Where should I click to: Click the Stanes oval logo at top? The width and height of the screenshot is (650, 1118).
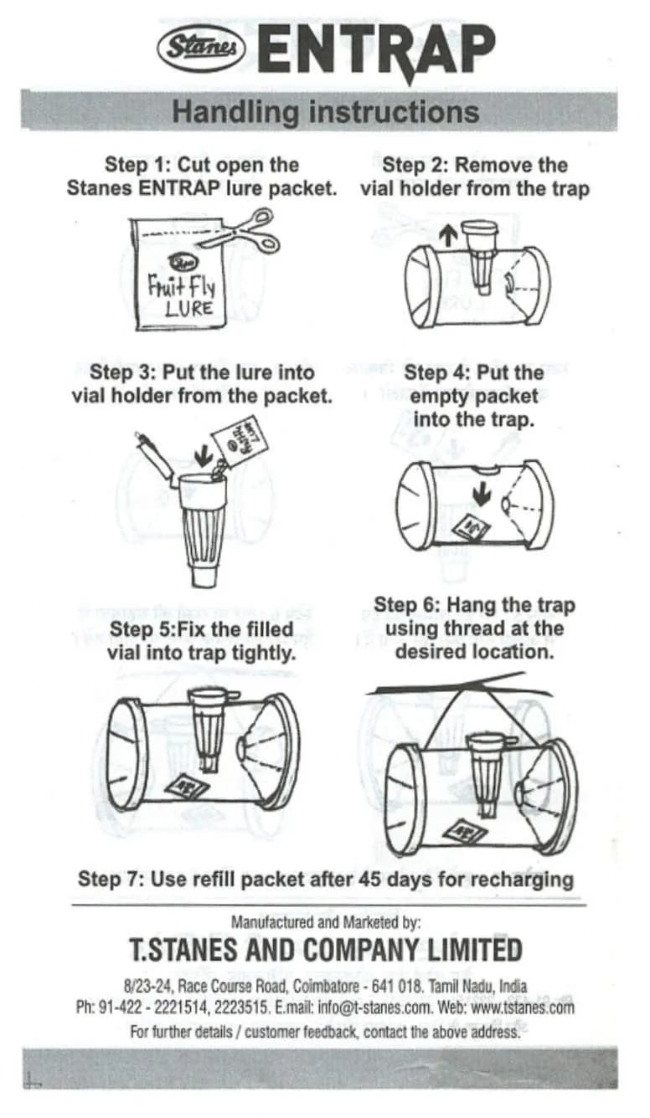point(202,48)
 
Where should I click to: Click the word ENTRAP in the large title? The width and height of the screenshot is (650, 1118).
point(376,49)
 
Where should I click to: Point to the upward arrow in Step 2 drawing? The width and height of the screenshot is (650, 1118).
point(449,235)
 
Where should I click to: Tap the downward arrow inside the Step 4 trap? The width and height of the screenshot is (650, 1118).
point(481,495)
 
